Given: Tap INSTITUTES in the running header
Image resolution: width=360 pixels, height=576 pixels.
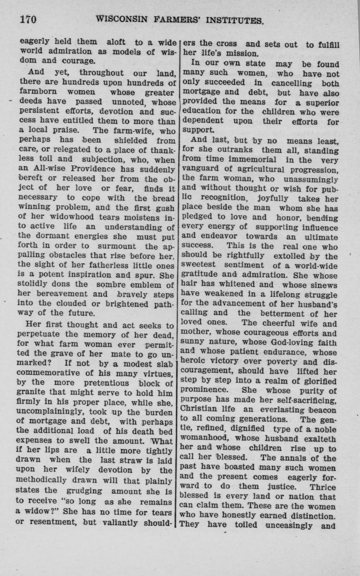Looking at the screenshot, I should [x=231, y=20].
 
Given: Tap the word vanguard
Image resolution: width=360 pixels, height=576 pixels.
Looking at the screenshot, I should [x=199, y=170].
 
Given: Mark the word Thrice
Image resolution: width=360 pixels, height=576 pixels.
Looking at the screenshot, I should [x=323, y=487].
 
